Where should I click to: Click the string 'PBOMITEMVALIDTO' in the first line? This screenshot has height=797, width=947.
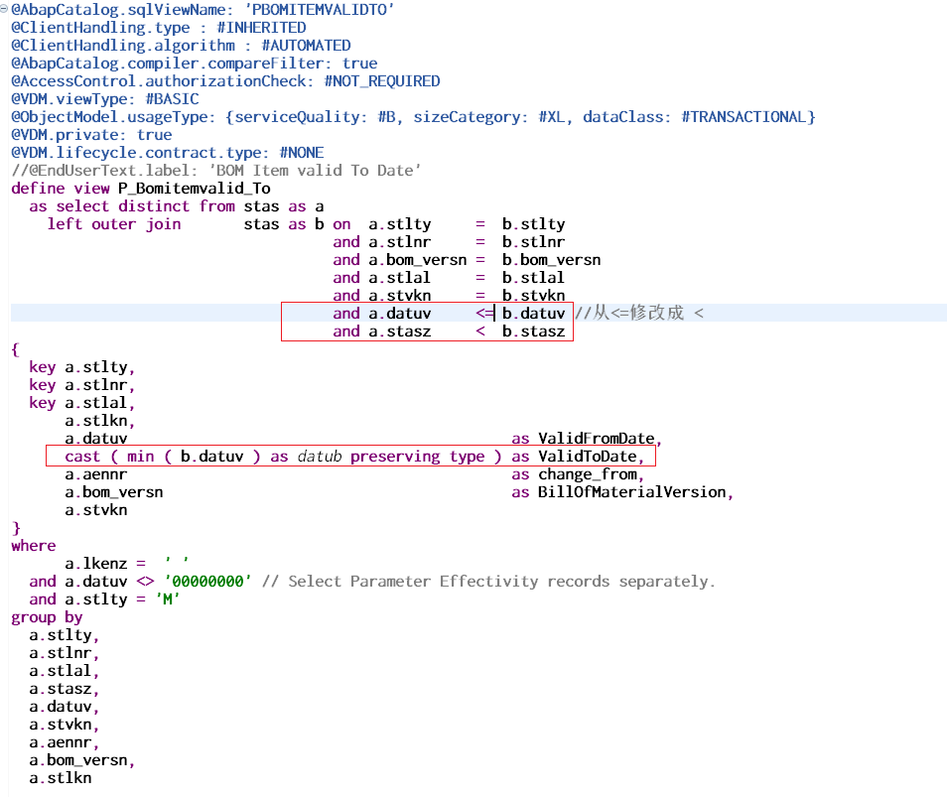coord(320,10)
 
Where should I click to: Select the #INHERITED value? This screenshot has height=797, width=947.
coord(261,28)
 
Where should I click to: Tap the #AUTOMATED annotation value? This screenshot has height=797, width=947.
coord(306,46)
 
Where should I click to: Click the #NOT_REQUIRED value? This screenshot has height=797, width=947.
coord(382,81)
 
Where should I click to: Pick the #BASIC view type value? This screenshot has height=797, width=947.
coord(172,99)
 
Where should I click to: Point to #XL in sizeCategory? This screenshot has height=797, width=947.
coord(553,117)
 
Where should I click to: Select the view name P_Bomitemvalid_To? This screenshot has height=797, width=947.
coord(195,189)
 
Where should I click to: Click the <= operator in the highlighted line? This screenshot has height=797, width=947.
coord(484,314)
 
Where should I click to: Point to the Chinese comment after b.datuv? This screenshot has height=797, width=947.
coord(639,313)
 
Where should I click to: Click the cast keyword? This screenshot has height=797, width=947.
coord(82,457)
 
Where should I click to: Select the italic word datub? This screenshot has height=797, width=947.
coord(320,457)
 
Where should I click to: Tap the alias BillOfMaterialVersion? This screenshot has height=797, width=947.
coord(631,492)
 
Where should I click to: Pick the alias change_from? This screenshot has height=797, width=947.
coord(587,474)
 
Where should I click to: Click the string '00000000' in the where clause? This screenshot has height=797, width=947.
coord(207,582)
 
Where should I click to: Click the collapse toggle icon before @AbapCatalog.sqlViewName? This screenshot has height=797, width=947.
coord(4,9)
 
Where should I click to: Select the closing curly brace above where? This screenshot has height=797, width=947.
coord(16,528)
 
